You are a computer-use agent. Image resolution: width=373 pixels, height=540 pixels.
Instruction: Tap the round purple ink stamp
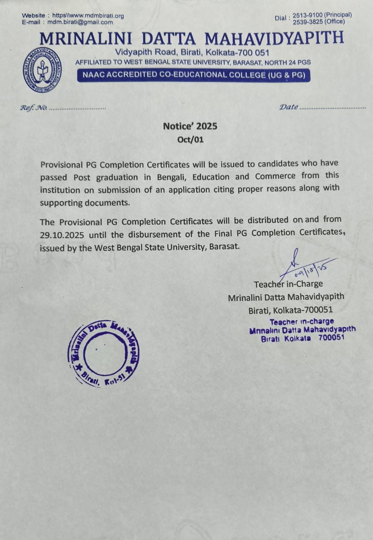(103, 354)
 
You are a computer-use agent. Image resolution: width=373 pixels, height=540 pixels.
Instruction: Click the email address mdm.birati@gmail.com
(80, 22)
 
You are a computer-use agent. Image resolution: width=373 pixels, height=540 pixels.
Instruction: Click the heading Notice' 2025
(190, 126)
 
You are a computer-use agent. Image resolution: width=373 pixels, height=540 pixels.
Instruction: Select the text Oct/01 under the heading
(191, 140)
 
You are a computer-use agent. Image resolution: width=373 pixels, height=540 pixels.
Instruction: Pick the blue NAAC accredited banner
(193, 76)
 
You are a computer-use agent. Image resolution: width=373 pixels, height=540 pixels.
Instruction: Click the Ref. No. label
(33, 108)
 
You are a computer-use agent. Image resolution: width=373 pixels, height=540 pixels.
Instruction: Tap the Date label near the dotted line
(289, 107)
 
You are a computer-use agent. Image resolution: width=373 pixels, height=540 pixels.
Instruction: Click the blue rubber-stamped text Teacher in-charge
(302, 321)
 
